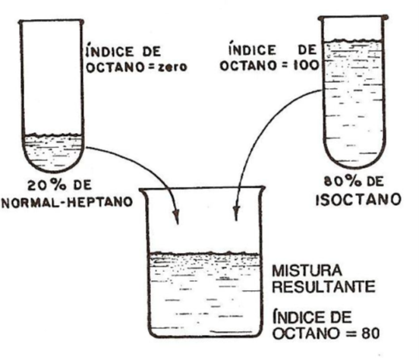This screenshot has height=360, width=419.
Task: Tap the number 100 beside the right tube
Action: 306,65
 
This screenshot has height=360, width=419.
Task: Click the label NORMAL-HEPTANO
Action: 67,202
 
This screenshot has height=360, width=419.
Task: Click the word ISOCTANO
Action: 358,200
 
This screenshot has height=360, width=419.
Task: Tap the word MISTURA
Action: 307,270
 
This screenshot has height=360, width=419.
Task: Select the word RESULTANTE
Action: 323,287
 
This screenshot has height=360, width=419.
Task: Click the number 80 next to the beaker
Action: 370,333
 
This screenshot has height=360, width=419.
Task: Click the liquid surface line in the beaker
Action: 204,253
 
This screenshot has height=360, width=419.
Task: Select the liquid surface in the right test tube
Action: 353,41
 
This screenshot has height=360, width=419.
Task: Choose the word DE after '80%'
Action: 375,182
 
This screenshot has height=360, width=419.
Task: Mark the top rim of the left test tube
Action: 52,21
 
